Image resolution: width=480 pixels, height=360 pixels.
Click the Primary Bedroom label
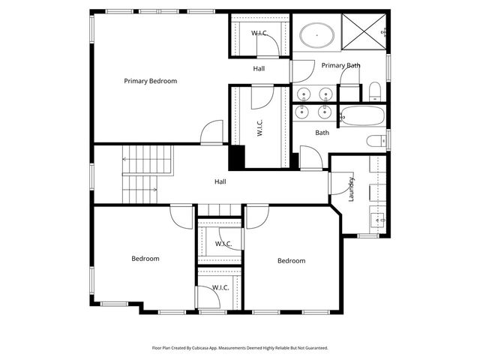150,81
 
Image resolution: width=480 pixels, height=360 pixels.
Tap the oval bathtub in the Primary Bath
317,34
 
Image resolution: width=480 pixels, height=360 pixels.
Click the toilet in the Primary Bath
375,91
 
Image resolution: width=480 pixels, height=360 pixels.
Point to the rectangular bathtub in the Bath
362,116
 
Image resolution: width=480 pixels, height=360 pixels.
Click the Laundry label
350,189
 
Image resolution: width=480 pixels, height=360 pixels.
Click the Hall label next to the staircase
220,181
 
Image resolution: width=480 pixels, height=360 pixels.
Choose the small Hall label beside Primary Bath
259,68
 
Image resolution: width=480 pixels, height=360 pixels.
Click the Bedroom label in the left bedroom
145,259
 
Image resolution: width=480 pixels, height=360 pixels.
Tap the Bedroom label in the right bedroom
291,261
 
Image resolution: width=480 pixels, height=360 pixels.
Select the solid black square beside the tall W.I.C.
237,157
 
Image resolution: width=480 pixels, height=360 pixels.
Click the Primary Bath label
340,66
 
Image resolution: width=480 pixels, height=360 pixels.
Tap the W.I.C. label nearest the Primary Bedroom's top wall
260,33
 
